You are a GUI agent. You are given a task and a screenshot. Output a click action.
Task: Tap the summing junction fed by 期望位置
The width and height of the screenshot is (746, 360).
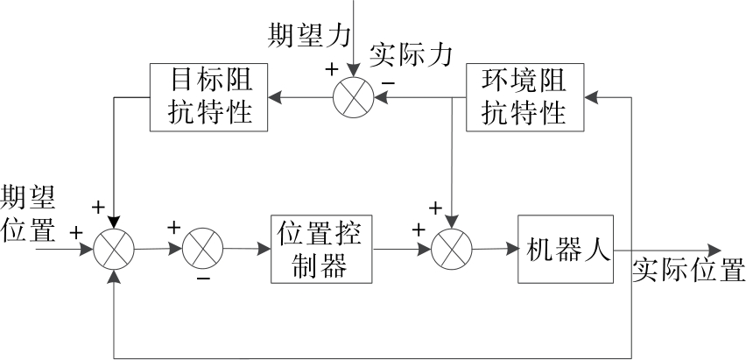pos(114,249)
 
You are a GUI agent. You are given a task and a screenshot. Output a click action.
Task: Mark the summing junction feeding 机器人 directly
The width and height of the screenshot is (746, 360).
pos(449,249)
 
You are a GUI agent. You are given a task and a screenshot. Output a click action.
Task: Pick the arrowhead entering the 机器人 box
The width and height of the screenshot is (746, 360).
pos(511,249)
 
